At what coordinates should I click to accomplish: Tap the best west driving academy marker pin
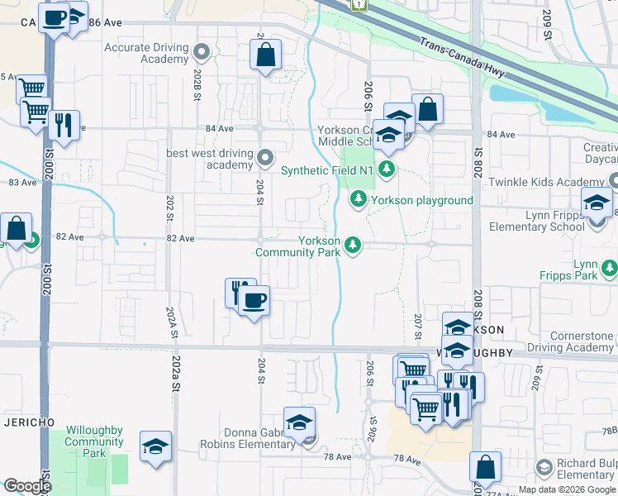265,156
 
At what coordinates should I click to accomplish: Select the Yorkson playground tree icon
359,199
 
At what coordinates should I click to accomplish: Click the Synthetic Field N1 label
327,171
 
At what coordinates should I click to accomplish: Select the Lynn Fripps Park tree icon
610,268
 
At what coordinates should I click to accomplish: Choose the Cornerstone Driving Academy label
570,342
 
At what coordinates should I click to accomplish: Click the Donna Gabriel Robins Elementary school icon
299,422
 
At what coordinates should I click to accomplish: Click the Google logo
27,486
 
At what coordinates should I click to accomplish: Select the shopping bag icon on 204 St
264,55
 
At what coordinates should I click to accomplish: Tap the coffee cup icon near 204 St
254,299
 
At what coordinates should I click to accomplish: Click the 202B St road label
197,85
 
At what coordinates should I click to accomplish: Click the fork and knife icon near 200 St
64,125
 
